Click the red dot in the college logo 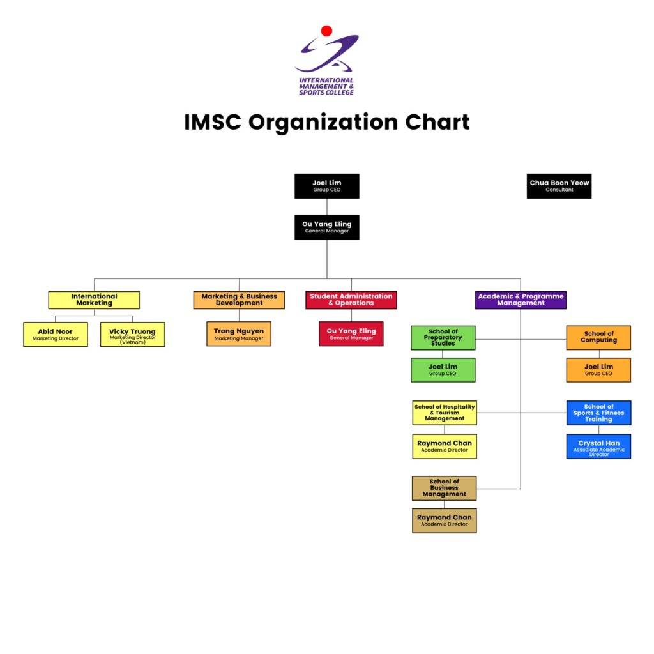click(326, 31)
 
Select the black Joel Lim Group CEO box click(326, 186)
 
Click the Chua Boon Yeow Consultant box click(559, 186)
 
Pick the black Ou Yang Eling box click(326, 227)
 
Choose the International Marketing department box click(94, 300)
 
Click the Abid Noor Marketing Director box click(56, 334)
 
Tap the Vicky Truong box click(132, 334)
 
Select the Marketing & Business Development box click(239, 300)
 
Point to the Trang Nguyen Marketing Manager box click(239, 333)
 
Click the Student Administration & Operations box click(351, 300)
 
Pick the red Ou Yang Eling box click(351, 333)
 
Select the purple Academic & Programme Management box click(521, 300)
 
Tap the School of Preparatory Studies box click(443, 338)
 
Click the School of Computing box click(598, 338)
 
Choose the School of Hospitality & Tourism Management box click(445, 413)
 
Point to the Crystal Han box click(598, 446)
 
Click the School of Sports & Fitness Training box click(598, 413)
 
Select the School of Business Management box click(445, 488)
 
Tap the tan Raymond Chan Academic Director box click(445, 521)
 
